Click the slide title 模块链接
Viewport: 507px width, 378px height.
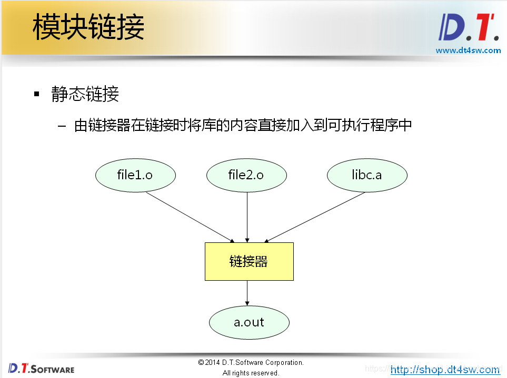coord(88,27)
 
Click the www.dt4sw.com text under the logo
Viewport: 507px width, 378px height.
coord(468,50)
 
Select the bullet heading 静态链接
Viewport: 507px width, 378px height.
coord(85,95)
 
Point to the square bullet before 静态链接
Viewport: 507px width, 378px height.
coord(37,95)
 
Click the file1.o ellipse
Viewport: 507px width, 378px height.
coord(135,175)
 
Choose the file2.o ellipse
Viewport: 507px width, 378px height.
coord(246,175)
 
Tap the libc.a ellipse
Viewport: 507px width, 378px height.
coord(367,175)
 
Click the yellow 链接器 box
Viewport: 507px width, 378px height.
coord(248,261)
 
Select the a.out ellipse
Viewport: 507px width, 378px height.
coord(249,322)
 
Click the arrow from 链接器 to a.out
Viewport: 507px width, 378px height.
coord(247,293)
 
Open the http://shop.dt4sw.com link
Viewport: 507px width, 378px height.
coord(445,370)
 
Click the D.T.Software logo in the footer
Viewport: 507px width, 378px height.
coord(41,368)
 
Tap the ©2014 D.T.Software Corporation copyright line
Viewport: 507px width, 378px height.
coord(251,362)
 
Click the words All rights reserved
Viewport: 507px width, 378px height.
coord(251,373)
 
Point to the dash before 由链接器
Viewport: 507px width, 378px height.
coord(63,127)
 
